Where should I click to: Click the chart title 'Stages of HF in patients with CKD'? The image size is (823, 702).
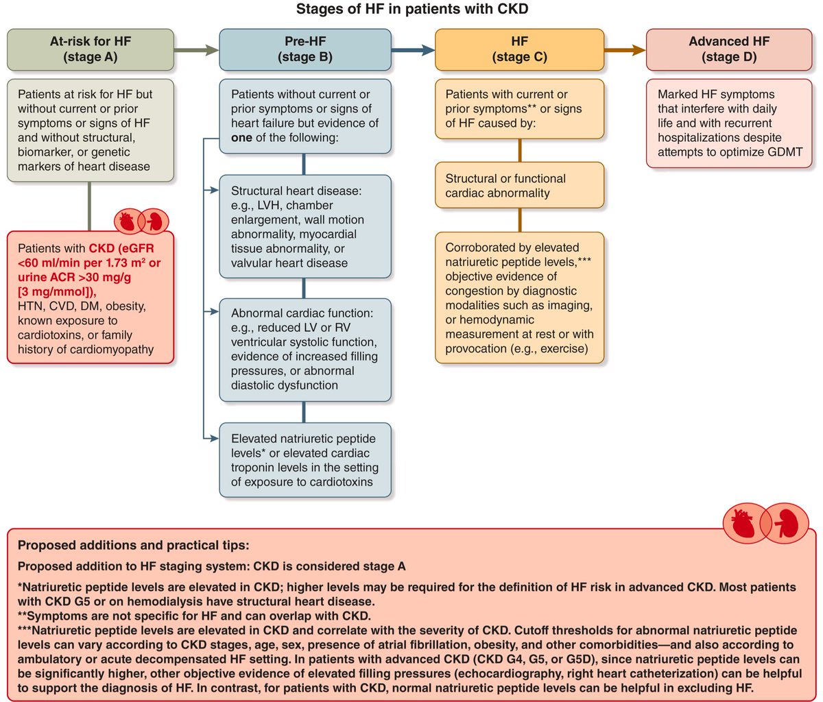tap(411, 10)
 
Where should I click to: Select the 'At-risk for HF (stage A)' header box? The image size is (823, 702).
tap(91, 49)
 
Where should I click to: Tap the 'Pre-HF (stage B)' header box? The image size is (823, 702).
tap(305, 49)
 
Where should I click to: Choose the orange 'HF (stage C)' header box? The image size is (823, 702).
tap(519, 49)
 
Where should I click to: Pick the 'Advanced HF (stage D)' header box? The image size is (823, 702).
tap(729, 49)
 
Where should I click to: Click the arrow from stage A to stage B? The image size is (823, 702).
tap(196, 49)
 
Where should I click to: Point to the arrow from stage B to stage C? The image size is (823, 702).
tap(413, 49)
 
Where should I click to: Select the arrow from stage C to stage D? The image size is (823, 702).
tap(625, 49)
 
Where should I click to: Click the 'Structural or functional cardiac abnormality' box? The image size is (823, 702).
tap(519, 186)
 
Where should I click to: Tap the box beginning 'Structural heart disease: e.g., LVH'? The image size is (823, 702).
tap(305, 227)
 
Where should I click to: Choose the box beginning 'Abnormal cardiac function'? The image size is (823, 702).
tap(305, 350)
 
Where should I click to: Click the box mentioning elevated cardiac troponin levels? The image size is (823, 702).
tap(305, 460)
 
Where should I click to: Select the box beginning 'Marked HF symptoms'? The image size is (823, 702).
tap(729, 123)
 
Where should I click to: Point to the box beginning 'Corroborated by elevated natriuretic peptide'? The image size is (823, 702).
tap(519, 298)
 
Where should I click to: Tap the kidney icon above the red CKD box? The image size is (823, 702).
tap(154, 221)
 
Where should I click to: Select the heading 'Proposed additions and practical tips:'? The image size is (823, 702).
tap(134, 546)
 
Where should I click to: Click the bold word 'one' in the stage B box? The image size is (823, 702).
tap(241, 137)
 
